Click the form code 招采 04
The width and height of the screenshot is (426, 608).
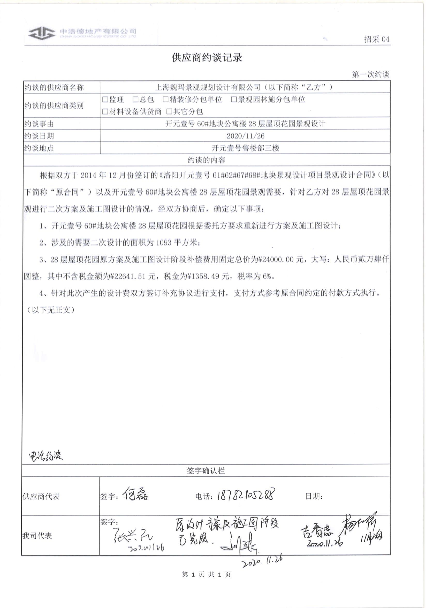[x=376, y=40]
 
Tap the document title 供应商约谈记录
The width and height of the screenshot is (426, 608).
[x=207, y=58]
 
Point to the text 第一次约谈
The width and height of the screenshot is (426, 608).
[x=370, y=74]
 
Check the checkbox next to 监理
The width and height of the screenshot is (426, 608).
[x=105, y=100]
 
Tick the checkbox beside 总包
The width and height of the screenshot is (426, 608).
[x=135, y=100]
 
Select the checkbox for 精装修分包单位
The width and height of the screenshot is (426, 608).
[x=166, y=100]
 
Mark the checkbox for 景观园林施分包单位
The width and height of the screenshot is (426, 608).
[x=234, y=100]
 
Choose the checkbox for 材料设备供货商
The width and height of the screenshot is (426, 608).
[x=105, y=111]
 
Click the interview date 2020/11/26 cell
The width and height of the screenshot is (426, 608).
[x=245, y=136]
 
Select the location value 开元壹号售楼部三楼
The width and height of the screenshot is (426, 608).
[x=245, y=148]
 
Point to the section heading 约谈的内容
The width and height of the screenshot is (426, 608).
[x=206, y=160]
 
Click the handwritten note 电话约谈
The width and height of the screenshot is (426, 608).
[x=46, y=455]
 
